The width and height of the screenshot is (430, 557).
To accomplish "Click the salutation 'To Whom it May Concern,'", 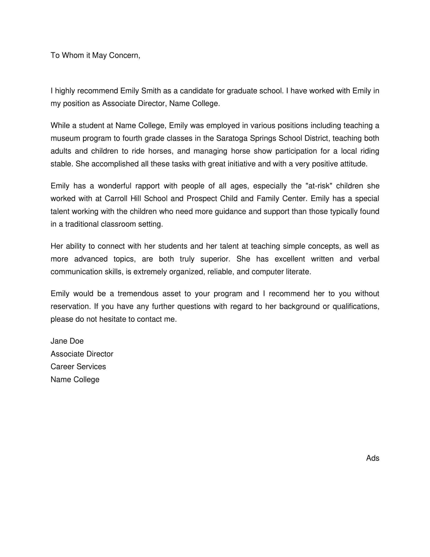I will [x=95, y=55].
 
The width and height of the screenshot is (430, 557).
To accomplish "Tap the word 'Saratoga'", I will [x=231, y=138].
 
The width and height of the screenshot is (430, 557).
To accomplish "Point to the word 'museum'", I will [x=65, y=138].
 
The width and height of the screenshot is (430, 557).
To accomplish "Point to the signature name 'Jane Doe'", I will [x=67, y=341].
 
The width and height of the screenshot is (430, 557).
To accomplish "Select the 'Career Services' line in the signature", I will [x=78, y=367].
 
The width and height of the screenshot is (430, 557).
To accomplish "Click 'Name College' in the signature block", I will [x=75, y=380].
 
